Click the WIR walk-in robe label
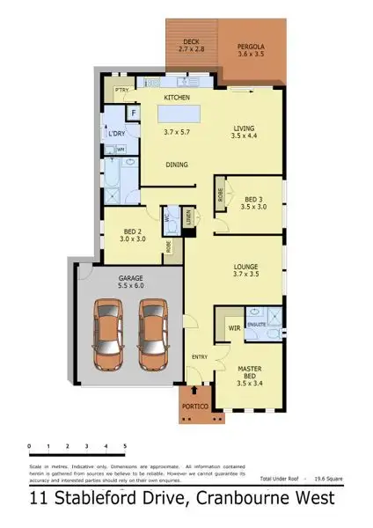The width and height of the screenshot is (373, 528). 233,327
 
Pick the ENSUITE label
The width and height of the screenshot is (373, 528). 256,324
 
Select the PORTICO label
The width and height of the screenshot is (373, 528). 194,407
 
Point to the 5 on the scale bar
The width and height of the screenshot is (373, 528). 125,447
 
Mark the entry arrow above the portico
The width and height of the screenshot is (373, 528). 195,388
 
